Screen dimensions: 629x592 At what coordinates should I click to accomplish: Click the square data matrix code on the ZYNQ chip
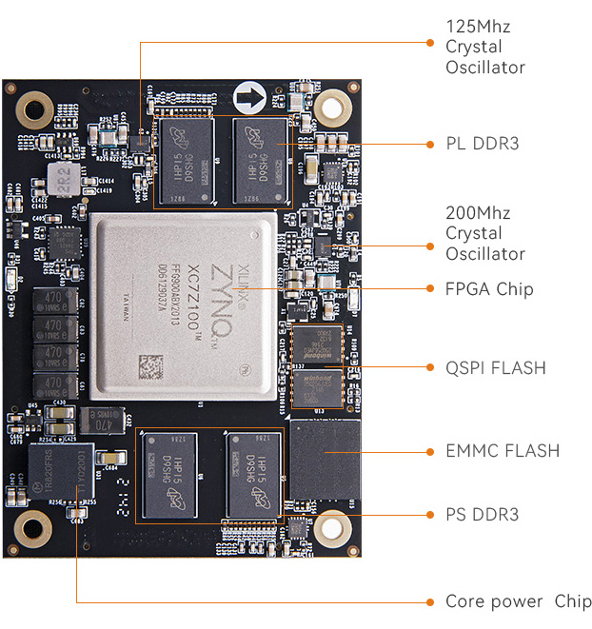pyautogui.click(x=151, y=365)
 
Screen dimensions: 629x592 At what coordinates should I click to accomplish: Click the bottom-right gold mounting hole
pyautogui.click(x=333, y=526)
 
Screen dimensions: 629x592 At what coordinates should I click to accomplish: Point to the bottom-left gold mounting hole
pyautogui.click(x=34, y=526)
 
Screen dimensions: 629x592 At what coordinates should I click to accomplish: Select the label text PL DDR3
pyautogui.click(x=483, y=144)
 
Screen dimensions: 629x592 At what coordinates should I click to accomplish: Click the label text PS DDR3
pyautogui.click(x=483, y=515)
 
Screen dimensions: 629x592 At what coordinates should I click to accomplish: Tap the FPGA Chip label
pyautogui.click(x=489, y=288)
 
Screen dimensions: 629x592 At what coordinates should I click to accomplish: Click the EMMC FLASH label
pyautogui.click(x=503, y=450)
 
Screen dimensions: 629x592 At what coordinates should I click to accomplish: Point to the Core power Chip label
pyautogui.click(x=518, y=601)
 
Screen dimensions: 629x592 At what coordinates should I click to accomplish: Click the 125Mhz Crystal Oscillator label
pyautogui.click(x=485, y=46)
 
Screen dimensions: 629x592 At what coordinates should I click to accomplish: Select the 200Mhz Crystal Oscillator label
pyautogui.click(x=485, y=233)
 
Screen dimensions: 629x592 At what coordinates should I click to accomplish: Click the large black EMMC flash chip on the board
pyautogui.click(x=326, y=460)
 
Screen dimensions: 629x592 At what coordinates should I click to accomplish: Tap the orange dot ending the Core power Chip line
pyautogui.click(x=425, y=601)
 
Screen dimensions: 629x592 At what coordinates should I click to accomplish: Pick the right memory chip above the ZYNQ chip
pyautogui.click(x=260, y=158)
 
